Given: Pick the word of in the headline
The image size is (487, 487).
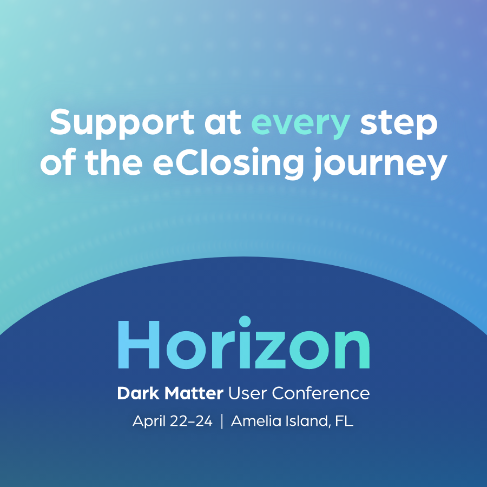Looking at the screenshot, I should (60, 163).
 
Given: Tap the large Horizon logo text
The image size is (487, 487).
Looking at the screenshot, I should (243, 344).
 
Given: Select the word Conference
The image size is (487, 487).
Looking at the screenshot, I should (320, 393).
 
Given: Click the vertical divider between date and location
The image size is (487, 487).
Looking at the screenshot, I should (222, 422).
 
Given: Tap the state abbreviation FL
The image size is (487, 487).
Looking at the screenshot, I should (344, 421).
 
